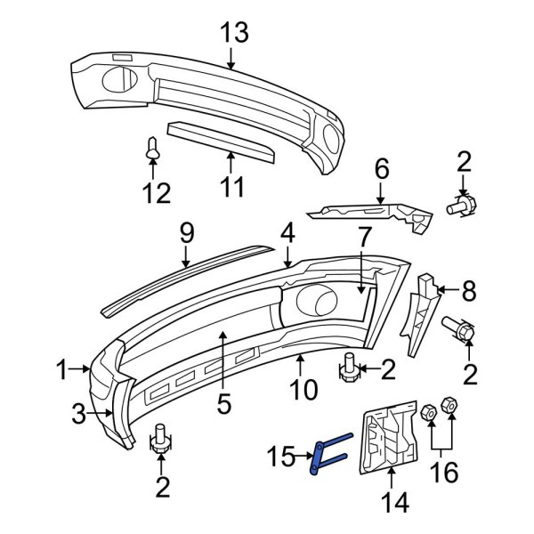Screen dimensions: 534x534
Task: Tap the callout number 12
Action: point(157,191)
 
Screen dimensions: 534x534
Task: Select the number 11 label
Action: point(231,188)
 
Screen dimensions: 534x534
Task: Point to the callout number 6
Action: point(381,168)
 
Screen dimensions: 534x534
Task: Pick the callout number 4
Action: point(287,234)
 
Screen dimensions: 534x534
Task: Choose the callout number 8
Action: point(469,289)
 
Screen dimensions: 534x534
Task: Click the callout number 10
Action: point(304,389)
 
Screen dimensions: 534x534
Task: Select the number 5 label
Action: point(223,403)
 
